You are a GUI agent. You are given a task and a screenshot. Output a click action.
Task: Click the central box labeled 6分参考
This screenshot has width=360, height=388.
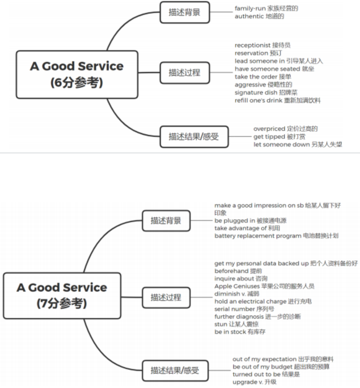77,74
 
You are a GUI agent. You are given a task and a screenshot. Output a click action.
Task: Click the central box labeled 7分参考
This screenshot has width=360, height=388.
62,296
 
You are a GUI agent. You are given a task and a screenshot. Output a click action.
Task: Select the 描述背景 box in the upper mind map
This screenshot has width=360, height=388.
185,12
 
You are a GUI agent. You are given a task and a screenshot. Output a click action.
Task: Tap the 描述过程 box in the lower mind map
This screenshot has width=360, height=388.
166,297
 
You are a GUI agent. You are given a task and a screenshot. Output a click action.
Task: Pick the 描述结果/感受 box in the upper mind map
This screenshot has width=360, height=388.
194,137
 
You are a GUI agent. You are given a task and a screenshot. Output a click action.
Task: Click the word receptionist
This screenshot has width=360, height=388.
253,45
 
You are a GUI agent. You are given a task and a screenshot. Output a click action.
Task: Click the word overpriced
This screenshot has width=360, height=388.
269,129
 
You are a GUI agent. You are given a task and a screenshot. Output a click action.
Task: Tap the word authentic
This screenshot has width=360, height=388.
249,16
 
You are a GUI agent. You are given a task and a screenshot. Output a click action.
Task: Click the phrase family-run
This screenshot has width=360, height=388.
250,8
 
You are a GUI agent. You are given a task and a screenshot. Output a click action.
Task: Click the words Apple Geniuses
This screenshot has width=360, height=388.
237,286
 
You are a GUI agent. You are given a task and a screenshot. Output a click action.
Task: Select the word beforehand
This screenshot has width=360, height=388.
231,271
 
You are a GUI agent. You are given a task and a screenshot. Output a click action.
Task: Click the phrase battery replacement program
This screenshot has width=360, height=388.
258,236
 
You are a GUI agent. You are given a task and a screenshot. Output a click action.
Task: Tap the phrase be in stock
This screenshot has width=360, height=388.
230,332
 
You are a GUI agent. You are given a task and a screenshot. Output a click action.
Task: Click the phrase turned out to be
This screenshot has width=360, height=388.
256,374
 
